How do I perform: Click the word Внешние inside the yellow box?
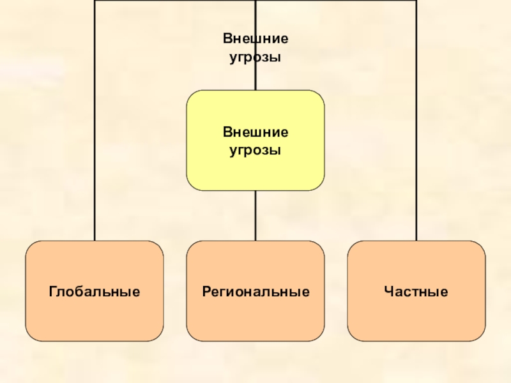tap(256, 133)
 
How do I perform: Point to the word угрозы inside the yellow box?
tap(256, 151)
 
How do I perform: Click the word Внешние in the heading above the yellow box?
tap(256, 39)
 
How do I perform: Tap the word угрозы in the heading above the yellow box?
tap(256, 57)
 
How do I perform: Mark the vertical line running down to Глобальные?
tap(95, 128)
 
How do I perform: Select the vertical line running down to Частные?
tap(416, 128)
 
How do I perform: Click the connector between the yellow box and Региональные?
tap(256, 216)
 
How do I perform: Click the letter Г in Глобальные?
tap(52, 292)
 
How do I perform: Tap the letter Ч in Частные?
tap(388, 292)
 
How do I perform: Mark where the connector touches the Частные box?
tap(416, 241)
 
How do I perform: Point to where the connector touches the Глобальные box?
tap(95, 241)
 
